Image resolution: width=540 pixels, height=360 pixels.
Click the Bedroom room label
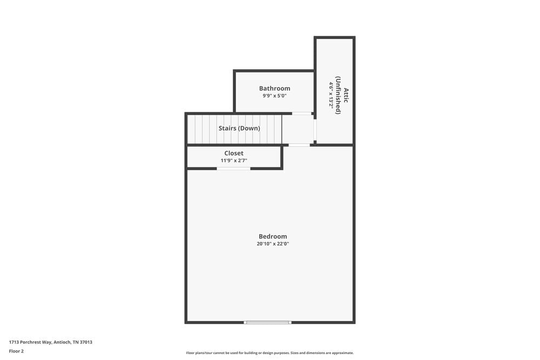pyautogui.click(x=273, y=236)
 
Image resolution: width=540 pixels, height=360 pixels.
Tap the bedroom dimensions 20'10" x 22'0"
pyautogui.click(x=273, y=244)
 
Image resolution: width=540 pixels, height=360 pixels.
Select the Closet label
pyautogui.click(x=234, y=153)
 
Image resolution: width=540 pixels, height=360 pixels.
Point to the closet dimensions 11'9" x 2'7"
pyautogui.click(x=234, y=161)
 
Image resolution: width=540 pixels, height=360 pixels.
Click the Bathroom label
pyautogui.click(x=274, y=89)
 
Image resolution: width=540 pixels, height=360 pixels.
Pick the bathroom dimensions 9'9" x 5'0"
pyautogui.click(x=274, y=96)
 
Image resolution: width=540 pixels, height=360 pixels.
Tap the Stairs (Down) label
pyautogui.click(x=239, y=128)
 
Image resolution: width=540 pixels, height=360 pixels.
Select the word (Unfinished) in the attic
pyautogui.click(x=339, y=95)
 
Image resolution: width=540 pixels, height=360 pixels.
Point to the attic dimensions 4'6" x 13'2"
pyautogui.click(x=331, y=95)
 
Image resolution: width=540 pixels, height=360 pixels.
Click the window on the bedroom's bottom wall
pyautogui.click(x=267, y=322)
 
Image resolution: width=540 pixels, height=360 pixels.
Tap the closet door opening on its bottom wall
pyautogui.click(x=233, y=168)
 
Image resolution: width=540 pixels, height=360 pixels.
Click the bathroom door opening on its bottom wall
pyautogui.click(x=302, y=113)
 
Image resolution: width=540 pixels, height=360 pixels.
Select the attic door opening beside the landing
pyautogui.click(x=315, y=130)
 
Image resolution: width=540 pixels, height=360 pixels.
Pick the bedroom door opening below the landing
pyautogui.click(x=299, y=145)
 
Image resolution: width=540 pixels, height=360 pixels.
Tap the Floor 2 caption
pyautogui.click(x=16, y=351)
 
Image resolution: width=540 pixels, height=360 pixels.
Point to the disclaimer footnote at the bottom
pyautogui.click(x=270, y=353)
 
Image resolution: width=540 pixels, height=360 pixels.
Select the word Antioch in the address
pyautogui.click(x=62, y=342)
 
